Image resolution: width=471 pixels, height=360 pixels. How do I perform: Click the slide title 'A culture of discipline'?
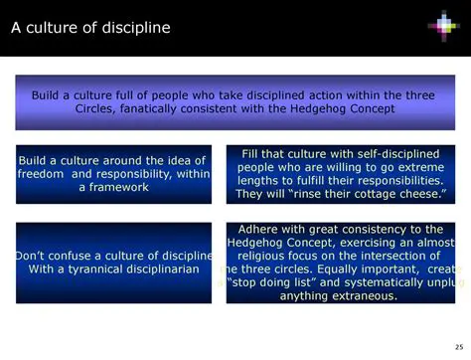(90, 27)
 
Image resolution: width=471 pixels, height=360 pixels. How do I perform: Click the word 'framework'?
(115, 187)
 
